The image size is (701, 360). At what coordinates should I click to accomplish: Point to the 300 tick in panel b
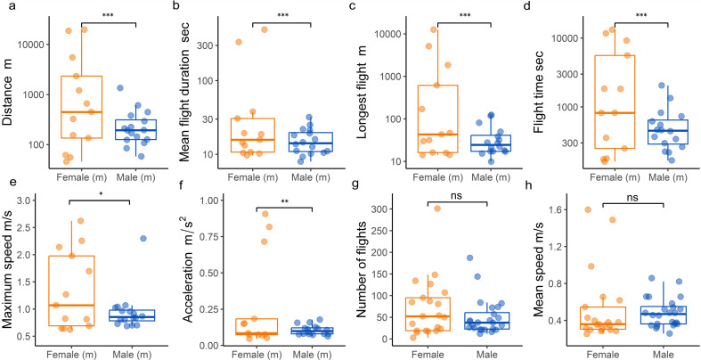coord(219,45)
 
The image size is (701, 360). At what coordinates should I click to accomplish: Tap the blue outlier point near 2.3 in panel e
coord(142,238)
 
